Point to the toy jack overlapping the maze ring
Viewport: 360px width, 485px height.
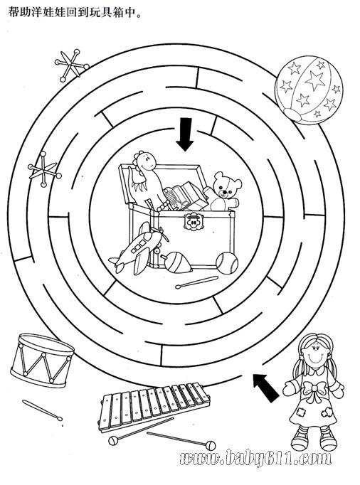43,169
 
